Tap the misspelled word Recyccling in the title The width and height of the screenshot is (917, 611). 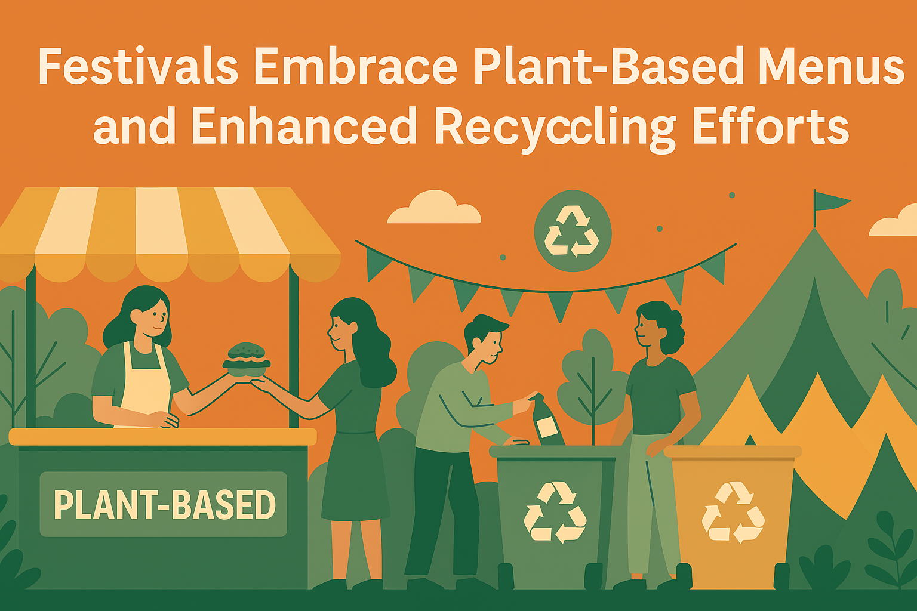point(555,126)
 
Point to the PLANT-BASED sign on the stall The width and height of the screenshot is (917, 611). point(164,505)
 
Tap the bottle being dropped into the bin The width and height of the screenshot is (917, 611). point(547,422)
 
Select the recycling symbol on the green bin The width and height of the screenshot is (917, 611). point(555,513)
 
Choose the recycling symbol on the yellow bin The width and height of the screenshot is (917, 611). point(733,512)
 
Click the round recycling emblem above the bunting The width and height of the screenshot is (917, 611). point(572,230)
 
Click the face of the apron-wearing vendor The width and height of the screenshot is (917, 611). point(154,316)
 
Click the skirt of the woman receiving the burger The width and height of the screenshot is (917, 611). point(356,477)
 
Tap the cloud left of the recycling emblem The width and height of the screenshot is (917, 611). point(434,209)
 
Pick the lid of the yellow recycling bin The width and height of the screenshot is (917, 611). point(733,452)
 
